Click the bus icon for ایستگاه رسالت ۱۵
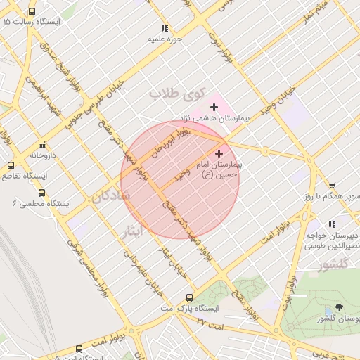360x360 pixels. point(32,12)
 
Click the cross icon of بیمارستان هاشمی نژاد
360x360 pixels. point(214,107)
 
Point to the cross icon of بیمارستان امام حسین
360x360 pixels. point(219,153)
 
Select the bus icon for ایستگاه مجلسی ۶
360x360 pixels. point(41,193)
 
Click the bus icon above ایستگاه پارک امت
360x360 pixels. point(188,297)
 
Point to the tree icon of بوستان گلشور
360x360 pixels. point(340,308)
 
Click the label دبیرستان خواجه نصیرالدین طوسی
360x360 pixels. point(333,241)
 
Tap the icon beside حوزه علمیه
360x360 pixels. point(165,29)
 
